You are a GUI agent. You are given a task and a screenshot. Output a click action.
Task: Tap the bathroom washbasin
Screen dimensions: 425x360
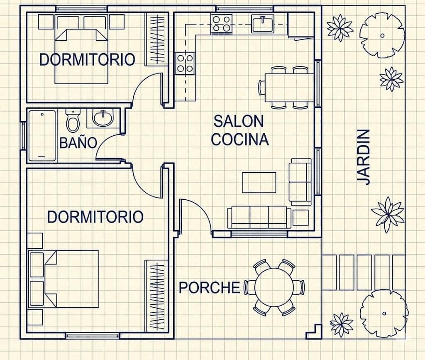click(x=103, y=118)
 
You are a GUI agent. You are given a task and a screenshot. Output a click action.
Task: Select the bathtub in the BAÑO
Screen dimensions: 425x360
click(x=42, y=135)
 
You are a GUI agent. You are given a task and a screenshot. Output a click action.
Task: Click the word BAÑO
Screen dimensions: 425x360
click(x=78, y=143)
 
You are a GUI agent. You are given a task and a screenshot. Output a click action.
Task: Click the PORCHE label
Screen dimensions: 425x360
click(x=210, y=288)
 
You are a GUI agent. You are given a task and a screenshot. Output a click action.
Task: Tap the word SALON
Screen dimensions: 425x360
click(x=239, y=121)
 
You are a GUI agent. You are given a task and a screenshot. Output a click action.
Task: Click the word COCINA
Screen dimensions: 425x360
click(x=240, y=140)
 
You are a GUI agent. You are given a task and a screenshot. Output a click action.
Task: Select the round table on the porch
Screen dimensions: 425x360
click(x=274, y=287)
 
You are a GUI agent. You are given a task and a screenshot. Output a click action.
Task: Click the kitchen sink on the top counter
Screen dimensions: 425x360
click(x=262, y=24)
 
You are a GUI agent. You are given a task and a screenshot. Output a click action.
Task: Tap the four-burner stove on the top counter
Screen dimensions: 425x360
click(x=222, y=24)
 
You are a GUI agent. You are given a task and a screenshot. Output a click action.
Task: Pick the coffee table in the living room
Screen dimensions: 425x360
click(x=259, y=182)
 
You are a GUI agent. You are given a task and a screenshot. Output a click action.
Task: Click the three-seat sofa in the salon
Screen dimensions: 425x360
click(x=259, y=217)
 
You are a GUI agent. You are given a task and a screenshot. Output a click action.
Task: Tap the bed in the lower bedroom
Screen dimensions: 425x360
click(x=64, y=279)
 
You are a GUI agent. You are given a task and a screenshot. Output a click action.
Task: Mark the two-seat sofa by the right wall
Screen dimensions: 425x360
click(x=300, y=182)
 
